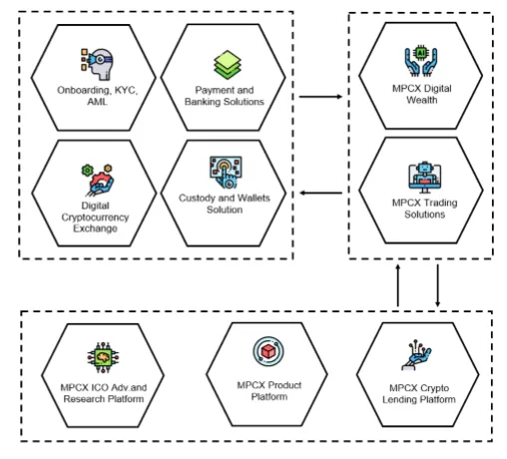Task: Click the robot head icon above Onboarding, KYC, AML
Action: click(x=97, y=65)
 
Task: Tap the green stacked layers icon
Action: click(x=228, y=65)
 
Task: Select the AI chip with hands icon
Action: click(x=421, y=62)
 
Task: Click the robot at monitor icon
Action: click(x=425, y=178)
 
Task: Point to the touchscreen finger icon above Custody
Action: click(x=226, y=173)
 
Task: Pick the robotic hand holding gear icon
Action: click(x=98, y=180)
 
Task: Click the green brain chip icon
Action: click(x=103, y=357)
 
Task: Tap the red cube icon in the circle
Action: click(x=268, y=351)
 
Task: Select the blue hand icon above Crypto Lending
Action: click(x=416, y=355)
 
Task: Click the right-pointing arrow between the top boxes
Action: click(x=320, y=97)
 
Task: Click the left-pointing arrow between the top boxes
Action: click(x=321, y=193)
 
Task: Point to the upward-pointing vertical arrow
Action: click(x=397, y=285)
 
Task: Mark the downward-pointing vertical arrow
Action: click(x=437, y=285)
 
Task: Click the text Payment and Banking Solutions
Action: click(x=225, y=96)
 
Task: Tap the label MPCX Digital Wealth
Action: click(x=422, y=94)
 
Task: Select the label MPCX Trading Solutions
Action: click(x=425, y=209)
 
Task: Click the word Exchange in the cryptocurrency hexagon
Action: click(x=95, y=229)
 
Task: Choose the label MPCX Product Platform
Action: click(x=269, y=391)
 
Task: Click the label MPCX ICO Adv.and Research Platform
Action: click(x=104, y=393)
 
